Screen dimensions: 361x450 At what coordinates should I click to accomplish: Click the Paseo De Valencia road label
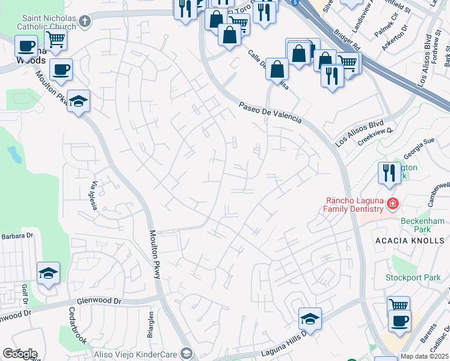[x=270, y=112]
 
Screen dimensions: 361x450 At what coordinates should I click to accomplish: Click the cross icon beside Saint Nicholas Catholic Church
[x=85, y=22]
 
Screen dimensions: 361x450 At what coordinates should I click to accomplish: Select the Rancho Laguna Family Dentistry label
[x=354, y=205]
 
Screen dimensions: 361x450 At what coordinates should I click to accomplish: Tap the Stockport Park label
[x=413, y=278]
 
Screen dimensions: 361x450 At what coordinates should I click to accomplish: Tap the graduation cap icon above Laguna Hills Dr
[x=310, y=318]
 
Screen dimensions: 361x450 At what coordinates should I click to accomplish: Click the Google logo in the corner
[x=19, y=353]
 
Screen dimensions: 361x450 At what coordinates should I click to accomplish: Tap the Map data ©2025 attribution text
[x=424, y=356]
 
